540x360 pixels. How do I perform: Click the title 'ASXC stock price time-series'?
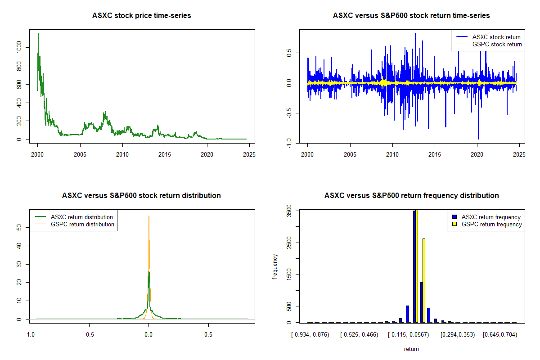point(141,16)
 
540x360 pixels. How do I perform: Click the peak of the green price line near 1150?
point(38,34)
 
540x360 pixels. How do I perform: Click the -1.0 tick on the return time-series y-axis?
point(288,142)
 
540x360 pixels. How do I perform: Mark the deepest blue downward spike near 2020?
point(478,139)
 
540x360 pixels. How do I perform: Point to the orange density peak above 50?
point(149,216)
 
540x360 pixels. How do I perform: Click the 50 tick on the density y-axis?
point(18,228)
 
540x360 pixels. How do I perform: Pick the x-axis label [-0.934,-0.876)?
point(310,335)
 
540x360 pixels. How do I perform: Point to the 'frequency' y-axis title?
point(275,267)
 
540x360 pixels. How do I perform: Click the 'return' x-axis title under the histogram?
point(411,349)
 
